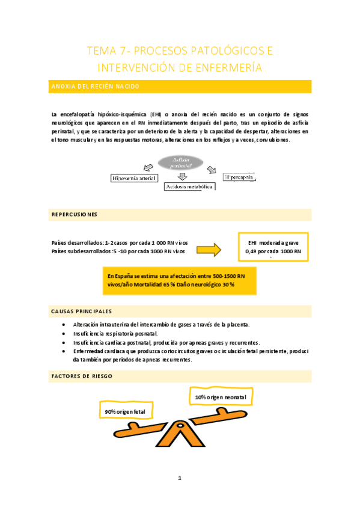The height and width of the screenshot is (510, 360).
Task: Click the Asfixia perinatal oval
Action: pos(182,162)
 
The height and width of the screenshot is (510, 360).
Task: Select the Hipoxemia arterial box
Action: pos(135,178)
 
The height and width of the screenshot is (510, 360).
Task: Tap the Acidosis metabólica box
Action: pos(190,187)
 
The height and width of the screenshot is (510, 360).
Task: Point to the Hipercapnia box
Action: pos(241,177)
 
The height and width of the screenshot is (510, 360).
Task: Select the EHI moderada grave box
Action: pos(273,247)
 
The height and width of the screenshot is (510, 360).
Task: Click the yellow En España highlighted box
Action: pos(178,280)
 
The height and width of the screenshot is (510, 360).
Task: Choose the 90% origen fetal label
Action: pos(125,411)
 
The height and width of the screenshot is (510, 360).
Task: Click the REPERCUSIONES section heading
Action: pos(75,214)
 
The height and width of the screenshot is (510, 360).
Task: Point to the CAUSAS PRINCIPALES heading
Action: pos(81,311)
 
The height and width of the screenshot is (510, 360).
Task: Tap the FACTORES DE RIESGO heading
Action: pos(82,376)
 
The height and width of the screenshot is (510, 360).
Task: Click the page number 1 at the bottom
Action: pos(179,478)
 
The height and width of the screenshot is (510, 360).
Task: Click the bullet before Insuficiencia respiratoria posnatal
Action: pos(64,333)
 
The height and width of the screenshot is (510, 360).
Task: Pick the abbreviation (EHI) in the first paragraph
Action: pos(156,114)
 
